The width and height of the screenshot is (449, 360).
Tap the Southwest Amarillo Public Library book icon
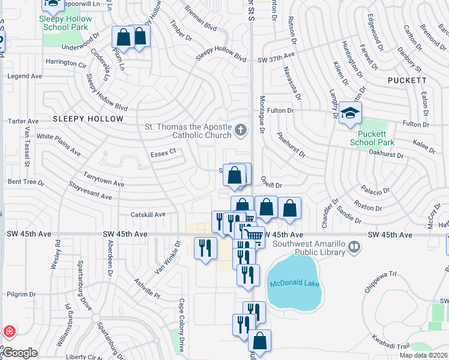coord(355,246)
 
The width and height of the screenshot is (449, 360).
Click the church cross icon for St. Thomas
coord(240,129)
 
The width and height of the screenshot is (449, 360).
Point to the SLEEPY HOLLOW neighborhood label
coord(88,119)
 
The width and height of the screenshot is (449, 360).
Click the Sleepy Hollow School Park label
coord(65,23)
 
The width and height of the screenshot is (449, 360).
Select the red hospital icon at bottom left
coord(9,331)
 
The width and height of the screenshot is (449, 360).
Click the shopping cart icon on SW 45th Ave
coord(254,235)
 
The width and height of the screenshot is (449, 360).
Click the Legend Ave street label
coord(24,76)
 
